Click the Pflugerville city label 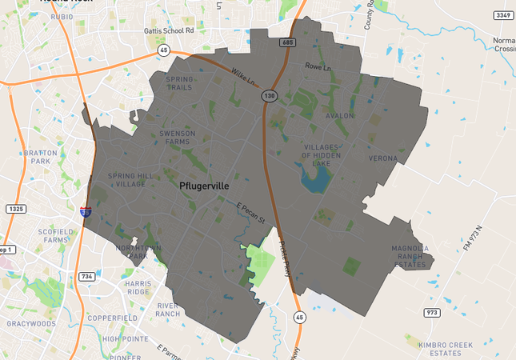[204, 186]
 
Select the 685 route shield [289, 41]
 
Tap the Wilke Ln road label [242, 78]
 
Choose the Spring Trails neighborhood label [178, 83]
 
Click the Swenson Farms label [178, 138]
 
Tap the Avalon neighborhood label [338, 116]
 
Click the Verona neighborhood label [382, 158]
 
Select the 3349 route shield [501, 15]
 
